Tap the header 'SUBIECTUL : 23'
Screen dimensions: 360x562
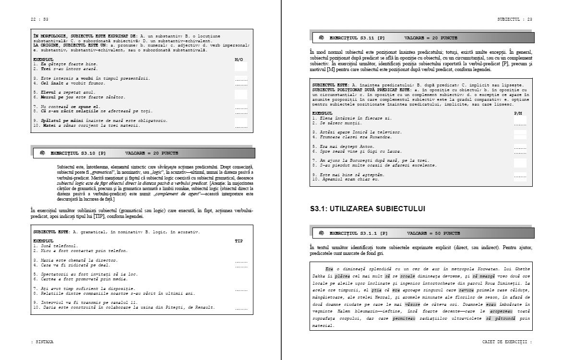click(x=514, y=19)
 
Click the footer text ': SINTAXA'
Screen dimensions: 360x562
click(x=42, y=342)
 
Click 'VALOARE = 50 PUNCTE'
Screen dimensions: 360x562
click(x=433, y=233)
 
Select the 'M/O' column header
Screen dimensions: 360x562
click(x=239, y=60)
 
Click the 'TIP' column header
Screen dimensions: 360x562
click(x=239, y=241)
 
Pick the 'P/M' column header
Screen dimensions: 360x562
click(x=518, y=113)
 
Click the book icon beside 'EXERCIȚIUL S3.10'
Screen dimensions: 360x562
click(x=42, y=153)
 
